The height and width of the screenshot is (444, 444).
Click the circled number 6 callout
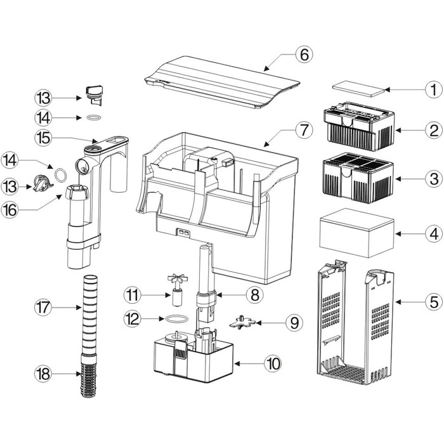304,55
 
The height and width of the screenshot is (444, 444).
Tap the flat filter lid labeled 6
222,82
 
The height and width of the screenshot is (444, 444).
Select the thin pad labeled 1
358,89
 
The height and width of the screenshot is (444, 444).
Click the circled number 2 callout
434,131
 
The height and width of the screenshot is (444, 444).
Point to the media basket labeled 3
358,178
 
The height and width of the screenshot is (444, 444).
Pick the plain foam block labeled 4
356,233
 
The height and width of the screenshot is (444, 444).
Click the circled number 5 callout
434,302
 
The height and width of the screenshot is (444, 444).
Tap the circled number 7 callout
304,130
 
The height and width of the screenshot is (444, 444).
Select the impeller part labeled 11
176,289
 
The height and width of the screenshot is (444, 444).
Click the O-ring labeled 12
177,319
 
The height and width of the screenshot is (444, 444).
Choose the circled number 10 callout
273,363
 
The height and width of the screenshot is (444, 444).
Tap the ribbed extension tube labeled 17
90,315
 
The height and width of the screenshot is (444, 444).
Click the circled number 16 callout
10,210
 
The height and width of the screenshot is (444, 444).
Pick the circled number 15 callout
44,138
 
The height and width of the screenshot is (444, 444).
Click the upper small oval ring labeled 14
93,117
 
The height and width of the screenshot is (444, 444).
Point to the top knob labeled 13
93,95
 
